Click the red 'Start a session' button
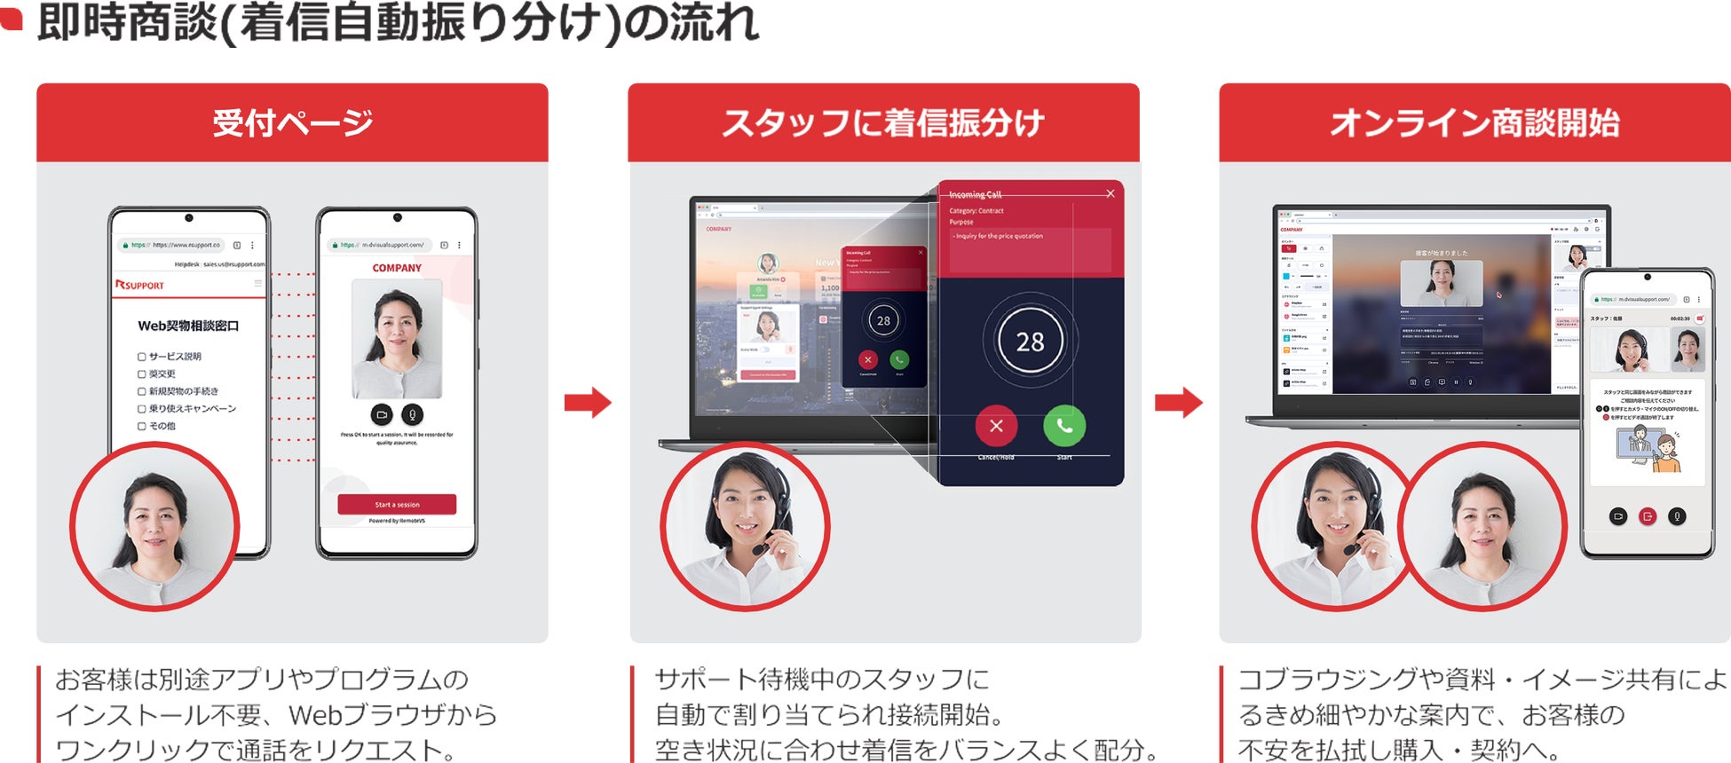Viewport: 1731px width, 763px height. (397, 504)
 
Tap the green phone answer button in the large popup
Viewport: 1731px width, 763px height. (1064, 426)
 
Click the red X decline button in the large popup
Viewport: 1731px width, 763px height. (996, 426)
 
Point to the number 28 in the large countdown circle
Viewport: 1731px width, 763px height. (1030, 342)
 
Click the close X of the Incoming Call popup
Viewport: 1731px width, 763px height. (1110, 193)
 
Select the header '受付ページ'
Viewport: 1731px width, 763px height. (292, 123)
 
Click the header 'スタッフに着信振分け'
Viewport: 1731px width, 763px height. (883, 123)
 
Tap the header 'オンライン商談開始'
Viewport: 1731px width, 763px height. (1474, 123)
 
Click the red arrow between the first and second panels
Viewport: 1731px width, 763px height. (588, 403)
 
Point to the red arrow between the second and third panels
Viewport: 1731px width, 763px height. (1178, 403)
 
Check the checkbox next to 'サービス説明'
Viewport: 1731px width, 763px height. (142, 357)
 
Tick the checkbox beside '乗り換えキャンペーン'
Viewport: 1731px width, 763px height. (142, 409)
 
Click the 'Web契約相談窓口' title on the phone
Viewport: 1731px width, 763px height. (188, 326)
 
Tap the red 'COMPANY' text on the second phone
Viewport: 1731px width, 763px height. (397, 268)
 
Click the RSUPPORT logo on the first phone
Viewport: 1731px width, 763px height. (140, 285)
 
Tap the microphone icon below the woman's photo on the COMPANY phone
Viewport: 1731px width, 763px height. (412, 414)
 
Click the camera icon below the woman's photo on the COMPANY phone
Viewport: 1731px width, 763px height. (382, 414)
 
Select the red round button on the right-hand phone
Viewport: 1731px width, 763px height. (1648, 515)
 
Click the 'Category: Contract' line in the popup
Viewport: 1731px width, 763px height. (976, 211)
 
